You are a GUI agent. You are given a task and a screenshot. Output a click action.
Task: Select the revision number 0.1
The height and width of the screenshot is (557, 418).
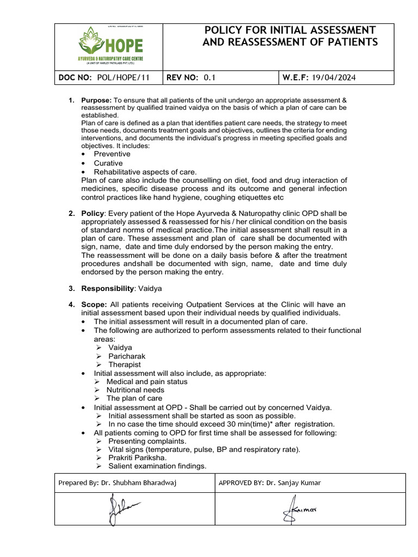point(210,78)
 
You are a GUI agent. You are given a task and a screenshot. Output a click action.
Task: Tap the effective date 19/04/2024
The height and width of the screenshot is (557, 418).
point(334,78)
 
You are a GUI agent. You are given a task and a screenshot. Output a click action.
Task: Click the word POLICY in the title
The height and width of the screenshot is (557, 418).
point(228,30)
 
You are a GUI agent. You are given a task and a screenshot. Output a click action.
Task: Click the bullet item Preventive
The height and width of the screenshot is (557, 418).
point(112,154)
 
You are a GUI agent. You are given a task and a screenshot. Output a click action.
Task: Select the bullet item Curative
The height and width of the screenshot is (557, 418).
point(108,163)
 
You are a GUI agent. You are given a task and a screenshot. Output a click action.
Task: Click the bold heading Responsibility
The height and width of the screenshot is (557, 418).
point(107,288)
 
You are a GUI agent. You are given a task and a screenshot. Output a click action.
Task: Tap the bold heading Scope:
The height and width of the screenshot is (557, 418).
point(94,304)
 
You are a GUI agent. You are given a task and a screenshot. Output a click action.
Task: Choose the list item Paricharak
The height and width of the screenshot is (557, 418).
point(127,356)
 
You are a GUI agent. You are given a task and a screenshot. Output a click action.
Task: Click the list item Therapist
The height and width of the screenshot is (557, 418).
point(125,364)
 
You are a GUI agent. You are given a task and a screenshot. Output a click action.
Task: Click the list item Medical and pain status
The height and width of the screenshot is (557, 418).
point(147,382)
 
